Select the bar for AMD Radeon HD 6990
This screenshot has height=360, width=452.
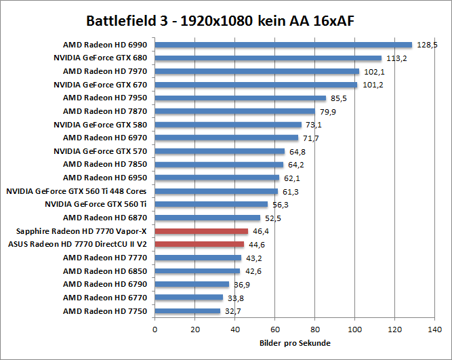283,45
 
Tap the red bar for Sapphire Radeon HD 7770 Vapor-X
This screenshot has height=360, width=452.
201,231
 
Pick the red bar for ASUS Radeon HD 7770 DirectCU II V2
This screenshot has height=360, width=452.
199,244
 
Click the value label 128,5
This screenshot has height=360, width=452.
427,45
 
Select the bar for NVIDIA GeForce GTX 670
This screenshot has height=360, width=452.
255,85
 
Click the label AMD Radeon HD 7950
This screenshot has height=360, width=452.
105,98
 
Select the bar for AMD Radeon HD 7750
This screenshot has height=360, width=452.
187,311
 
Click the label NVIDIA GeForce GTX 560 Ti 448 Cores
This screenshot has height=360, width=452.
76,191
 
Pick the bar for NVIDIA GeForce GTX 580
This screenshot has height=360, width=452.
228,125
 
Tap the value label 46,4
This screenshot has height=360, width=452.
260,231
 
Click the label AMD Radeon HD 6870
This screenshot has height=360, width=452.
105,218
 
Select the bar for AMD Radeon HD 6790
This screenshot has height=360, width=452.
191,284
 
